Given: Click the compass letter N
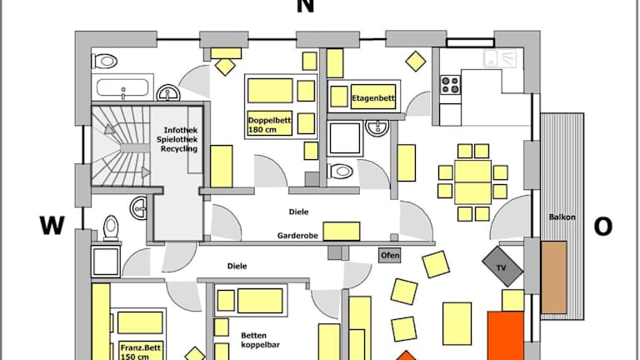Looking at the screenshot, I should point(306,7).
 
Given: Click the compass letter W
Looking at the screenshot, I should point(52,226).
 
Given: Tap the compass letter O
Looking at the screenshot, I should point(602,227).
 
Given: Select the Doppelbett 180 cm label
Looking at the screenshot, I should point(269,125).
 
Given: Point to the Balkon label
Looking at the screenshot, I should point(562,217).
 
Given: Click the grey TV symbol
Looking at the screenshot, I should point(502,267).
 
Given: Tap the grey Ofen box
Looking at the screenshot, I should point(389,255).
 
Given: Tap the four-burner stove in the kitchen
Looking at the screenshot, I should point(451,84).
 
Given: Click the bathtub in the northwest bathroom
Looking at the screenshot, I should point(125,87).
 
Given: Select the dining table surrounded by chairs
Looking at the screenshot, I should point(472,182).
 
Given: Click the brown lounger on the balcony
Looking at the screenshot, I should point(553,277).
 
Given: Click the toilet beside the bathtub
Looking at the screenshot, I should point(105,61).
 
